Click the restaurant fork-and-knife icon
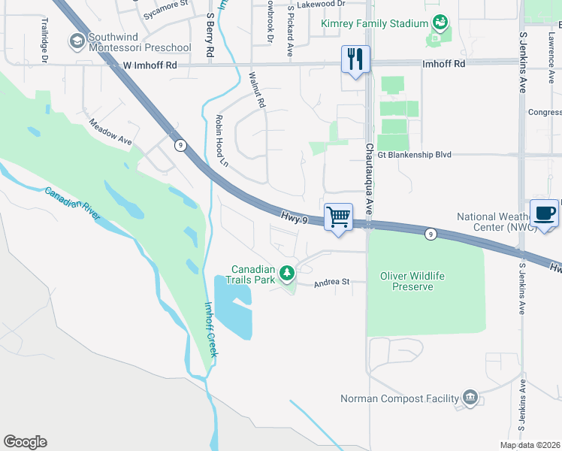pyautogui.click(x=355, y=59)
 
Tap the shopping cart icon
pyautogui.click(x=339, y=217)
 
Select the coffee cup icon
pyautogui.click(x=544, y=213)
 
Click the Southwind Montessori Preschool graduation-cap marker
pyautogui.click(x=77, y=42)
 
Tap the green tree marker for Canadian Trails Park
pyautogui.click(x=286, y=274)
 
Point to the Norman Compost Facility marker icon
pyautogui.click(x=470, y=398)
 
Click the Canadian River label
pyautogui.click(x=72, y=203)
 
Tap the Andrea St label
pyautogui.click(x=332, y=283)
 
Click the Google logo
pyautogui.click(x=25, y=442)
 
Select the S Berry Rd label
pyautogui.click(x=210, y=36)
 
